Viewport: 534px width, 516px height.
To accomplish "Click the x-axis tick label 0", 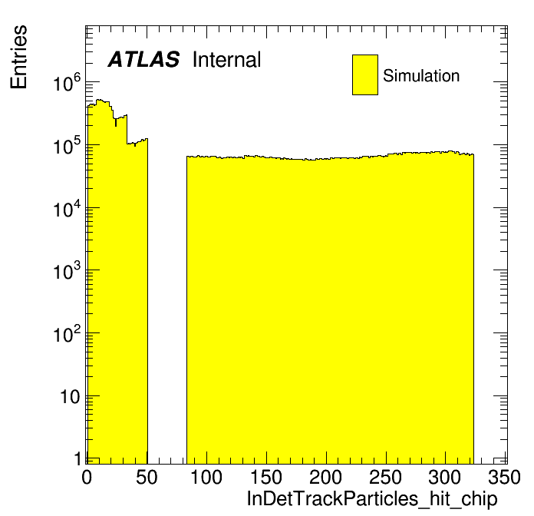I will tap(87, 478).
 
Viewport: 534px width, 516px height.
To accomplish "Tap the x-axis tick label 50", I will tap(147, 478).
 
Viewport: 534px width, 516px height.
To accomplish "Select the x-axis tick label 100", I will tap(206, 478).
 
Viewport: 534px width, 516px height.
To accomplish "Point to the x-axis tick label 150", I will tap(265, 478).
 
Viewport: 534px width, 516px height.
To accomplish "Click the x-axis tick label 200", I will tap(325, 478).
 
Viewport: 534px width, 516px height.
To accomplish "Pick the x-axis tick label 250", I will tap(385, 478).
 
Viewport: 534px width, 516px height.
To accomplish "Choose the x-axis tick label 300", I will tap(445, 478).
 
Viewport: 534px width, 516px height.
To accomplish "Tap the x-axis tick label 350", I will tap(504, 478).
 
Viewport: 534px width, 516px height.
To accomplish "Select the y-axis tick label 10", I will tap(71, 396).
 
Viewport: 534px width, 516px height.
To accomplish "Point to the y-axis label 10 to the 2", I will tap(67, 334).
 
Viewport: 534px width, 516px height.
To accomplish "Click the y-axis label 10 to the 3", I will tap(67, 271).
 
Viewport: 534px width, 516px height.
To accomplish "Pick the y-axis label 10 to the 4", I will tap(67, 209).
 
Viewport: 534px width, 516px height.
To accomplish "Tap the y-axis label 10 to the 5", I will tap(67, 146).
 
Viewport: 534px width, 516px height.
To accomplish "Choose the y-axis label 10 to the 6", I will tap(67, 84).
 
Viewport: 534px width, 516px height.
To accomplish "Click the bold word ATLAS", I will tap(143, 60).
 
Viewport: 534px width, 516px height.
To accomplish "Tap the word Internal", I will tap(227, 60).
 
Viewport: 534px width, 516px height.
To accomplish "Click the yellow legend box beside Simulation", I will tap(365, 74).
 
